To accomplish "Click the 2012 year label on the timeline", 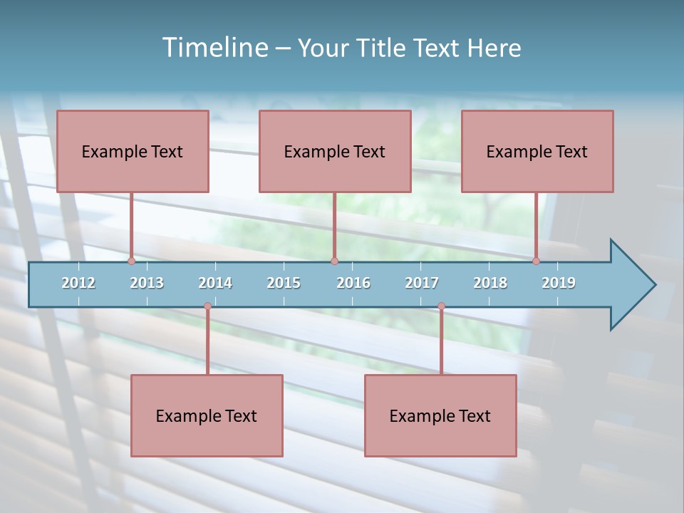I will tap(78, 283).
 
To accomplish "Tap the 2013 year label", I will tap(147, 283).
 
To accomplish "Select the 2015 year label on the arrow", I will tap(284, 283).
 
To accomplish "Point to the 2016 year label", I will tap(353, 283).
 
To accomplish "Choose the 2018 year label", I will tap(490, 283).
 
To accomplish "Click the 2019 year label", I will tap(559, 283).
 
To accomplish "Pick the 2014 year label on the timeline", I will tap(215, 283).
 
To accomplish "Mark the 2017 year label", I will tap(422, 283).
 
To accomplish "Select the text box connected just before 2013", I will tap(133, 151).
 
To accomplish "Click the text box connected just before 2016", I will tap(335, 151).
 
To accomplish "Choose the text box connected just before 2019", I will tap(537, 151).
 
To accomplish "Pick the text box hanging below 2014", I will tap(207, 415).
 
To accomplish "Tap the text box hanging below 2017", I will tap(440, 415).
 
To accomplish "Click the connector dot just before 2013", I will tap(132, 261).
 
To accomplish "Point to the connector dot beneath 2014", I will tap(207, 306).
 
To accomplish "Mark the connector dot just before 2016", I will tap(334, 261).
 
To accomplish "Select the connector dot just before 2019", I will tap(537, 261).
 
